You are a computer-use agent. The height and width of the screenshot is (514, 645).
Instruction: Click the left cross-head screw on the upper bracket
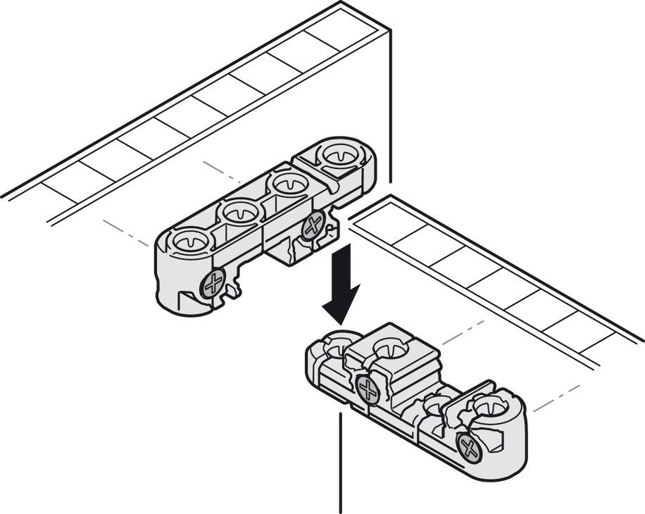(x=212, y=286)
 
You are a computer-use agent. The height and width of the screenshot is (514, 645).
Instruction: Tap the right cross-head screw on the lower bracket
(x=468, y=446)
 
